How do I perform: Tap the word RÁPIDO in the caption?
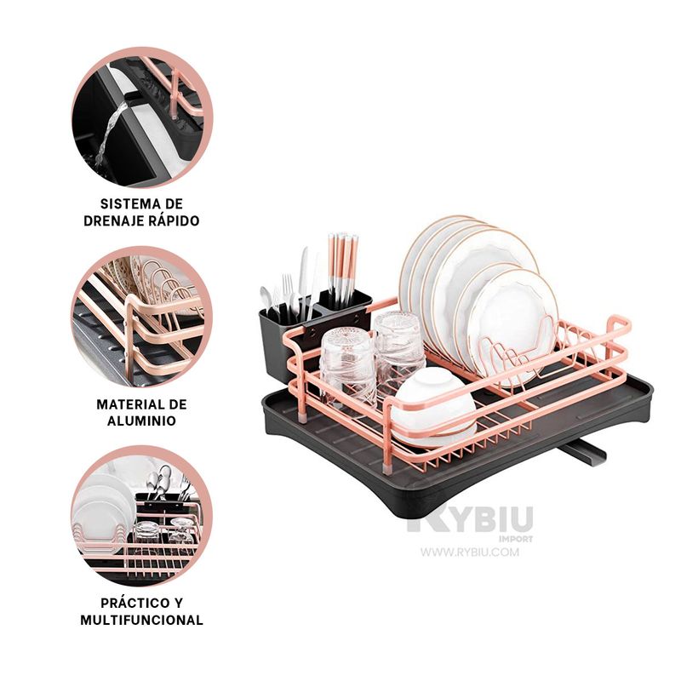click(174, 220)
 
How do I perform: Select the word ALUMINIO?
click(141, 421)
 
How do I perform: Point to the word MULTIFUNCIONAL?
click(141, 620)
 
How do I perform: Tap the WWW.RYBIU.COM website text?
click(470, 552)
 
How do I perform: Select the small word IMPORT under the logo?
click(516, 539)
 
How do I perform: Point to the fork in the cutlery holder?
click(287, 291)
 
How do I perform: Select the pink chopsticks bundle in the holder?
click(343, 268)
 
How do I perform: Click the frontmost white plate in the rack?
click(512, 323)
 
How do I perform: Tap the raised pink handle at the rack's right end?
click(619, 323)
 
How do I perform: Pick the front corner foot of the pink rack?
click(387, 469)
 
